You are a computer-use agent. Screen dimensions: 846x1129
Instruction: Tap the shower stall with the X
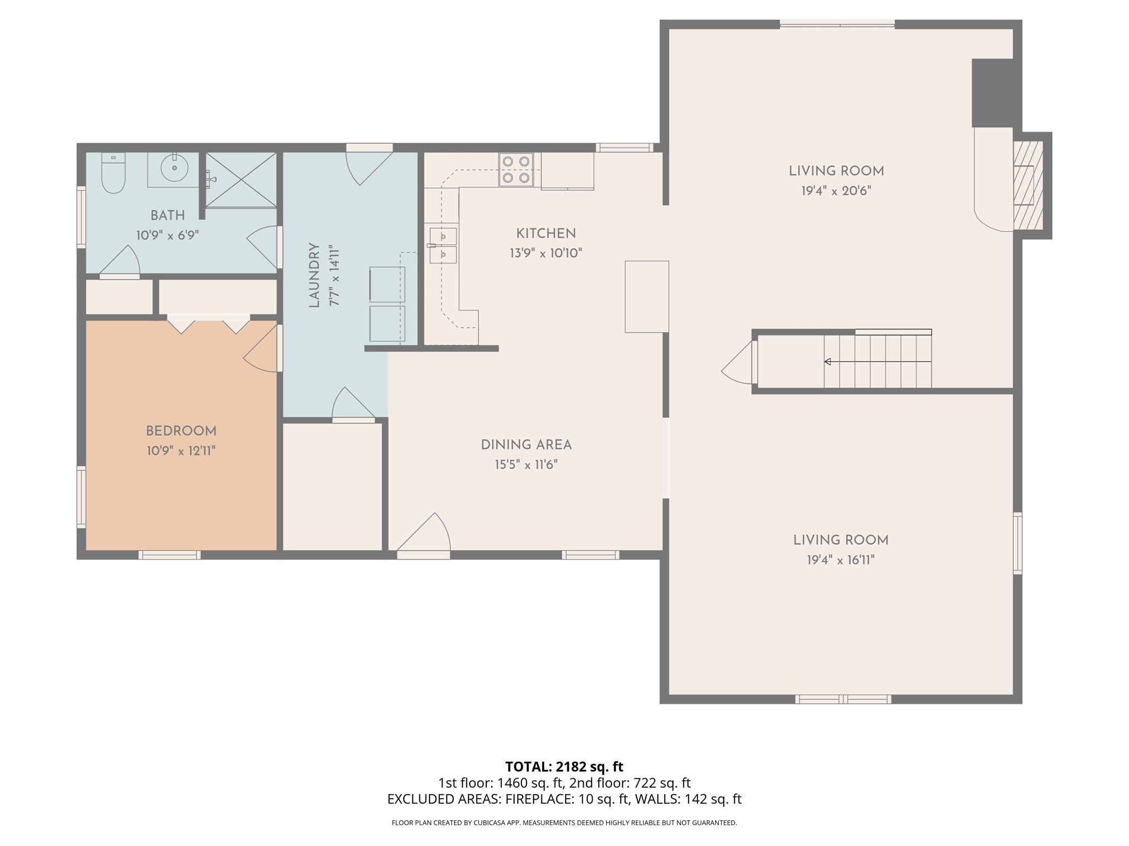[241, 180]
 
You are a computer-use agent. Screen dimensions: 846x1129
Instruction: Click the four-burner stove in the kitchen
[516, 170]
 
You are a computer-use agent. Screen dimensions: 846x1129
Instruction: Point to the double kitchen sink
[443, 246]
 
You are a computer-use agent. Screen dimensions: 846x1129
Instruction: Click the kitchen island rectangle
[647, 296]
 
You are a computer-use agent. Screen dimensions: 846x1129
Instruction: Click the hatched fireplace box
[1028, 185]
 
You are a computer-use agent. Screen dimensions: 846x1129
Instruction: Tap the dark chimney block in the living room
[993, 93]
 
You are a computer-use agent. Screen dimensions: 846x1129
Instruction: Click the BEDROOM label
[181, 431]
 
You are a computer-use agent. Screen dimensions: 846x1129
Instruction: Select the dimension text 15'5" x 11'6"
[526, 465]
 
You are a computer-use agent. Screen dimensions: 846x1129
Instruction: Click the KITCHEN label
[546, 234]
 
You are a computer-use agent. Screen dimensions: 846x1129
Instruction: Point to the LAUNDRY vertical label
[314, 275]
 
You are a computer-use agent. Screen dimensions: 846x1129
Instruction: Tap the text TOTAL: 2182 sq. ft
[564, 767]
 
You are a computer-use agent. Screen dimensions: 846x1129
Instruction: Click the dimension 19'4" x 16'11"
[841, 560]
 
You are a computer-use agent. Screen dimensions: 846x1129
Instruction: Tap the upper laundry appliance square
[387, 284]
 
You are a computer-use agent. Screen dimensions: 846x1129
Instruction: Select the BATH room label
[168, 215]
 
